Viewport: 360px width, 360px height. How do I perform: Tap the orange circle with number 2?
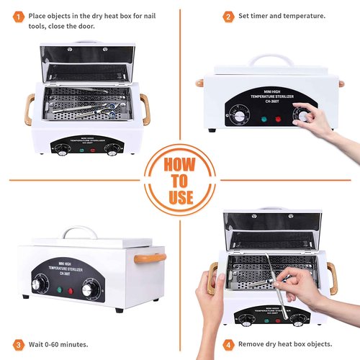point(228,16)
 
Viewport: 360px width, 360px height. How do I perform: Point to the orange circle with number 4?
point(228,344)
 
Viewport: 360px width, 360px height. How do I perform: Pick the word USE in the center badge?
point(180,196)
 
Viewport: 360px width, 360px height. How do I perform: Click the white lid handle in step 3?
point(80,233)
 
